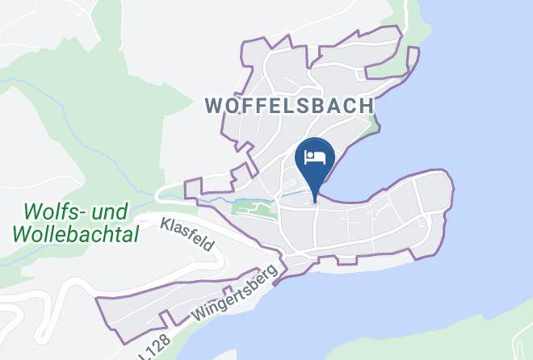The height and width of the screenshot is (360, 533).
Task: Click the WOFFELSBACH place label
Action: click(289, 106)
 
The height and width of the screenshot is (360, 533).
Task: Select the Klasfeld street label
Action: click(188, 234)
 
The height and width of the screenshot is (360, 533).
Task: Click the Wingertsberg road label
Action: click(234, 295)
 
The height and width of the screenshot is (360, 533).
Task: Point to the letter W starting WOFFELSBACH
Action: click(214, 106)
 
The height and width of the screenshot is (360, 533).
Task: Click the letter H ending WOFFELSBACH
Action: click(367, 106)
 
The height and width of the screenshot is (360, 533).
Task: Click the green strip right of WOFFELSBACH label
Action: click(373, 125)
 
